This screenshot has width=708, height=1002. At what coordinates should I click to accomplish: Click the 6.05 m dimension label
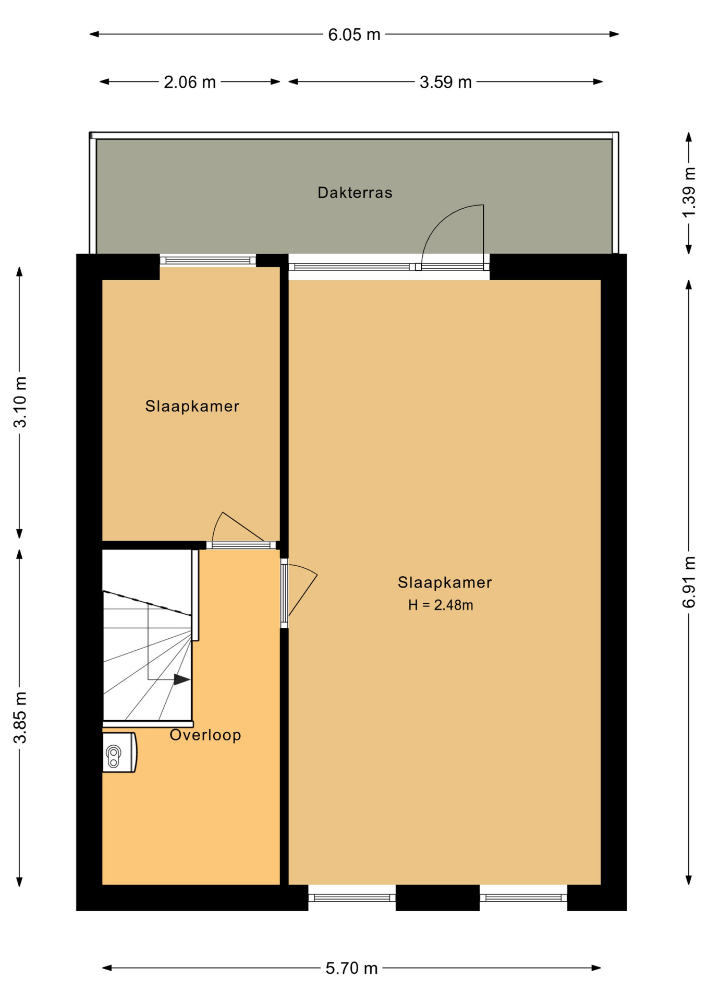click(x=354, y=35)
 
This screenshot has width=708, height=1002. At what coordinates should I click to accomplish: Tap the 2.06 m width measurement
click(x=190, y=82)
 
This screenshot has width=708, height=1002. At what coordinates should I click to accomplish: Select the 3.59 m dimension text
click(x=446, y=82)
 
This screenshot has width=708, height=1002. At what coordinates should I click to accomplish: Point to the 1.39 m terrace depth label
click(x=689, y=193)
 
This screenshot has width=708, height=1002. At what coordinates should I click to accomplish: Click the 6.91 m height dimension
click(x=689, y=582)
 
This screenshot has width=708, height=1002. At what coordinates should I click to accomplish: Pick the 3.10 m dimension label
click(x=20, y=402)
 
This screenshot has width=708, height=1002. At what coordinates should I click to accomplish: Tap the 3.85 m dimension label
click(x=20, y=717)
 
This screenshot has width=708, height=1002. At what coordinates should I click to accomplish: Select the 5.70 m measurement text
click(x=351, y=968)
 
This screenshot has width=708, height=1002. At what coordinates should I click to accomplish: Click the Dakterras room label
click(x=355, y=193)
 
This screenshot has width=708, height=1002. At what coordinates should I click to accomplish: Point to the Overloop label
click(x=205, y=735)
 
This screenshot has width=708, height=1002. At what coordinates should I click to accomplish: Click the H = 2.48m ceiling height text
click(x=441, y=605)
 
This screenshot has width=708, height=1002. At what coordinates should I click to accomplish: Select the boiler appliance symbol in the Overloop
click(x=119, y=752)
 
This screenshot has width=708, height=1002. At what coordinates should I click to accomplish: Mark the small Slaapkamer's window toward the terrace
click(x=207, y=260)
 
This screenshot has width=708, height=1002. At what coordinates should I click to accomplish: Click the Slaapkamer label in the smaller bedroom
click(x=192, y=406)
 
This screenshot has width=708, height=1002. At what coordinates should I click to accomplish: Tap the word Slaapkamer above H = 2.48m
click(x=445, y=582)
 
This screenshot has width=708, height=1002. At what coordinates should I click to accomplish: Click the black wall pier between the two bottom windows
click(x=437, y=898)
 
